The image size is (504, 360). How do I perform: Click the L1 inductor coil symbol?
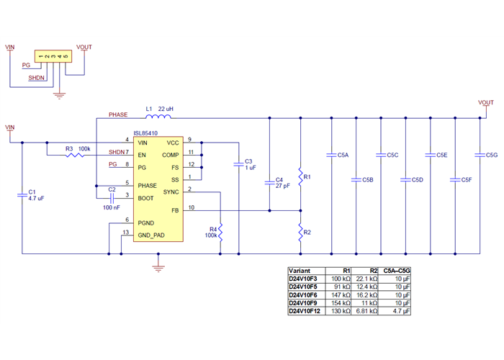point(159,117)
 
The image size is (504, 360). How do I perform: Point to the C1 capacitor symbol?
point(22,194)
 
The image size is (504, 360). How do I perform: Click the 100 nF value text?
point(112,207)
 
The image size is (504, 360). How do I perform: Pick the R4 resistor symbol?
point(221,232)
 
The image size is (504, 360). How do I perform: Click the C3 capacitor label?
point(249,161)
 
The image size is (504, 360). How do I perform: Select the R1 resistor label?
point(307,176)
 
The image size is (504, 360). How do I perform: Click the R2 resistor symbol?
point(300,232)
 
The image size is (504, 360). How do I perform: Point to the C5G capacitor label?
point(492,155)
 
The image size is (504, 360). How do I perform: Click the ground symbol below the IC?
point(158,269)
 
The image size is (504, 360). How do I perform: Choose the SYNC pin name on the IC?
point(171,192)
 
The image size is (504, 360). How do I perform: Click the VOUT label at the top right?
point(486,102)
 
